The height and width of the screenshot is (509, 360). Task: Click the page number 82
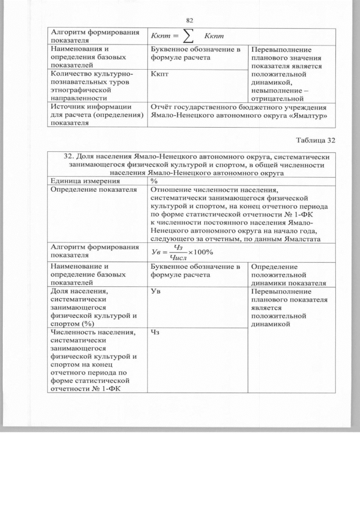coord(189,21)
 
